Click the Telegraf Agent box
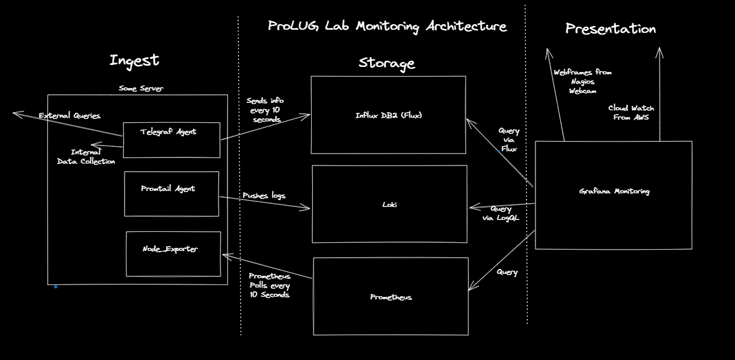(171, 139)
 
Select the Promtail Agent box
(172, 193)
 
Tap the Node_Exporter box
(174, 253)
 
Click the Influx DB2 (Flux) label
(388, 115)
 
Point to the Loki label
(389, 204)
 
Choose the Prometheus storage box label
(390, 297)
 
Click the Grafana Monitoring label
(614, 191)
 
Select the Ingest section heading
(134, 61)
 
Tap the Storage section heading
(387, 63)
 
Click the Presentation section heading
(610, 29)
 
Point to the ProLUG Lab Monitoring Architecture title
(387, 27)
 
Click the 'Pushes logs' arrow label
(264, 196)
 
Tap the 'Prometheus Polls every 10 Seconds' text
(270, 286)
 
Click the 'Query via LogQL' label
(501, 213)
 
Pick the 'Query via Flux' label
(509, 140)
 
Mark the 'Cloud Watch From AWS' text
(631, 112)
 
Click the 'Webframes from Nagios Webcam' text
(583, 81)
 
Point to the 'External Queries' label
(69, 116)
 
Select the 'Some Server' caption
(141, 89)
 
